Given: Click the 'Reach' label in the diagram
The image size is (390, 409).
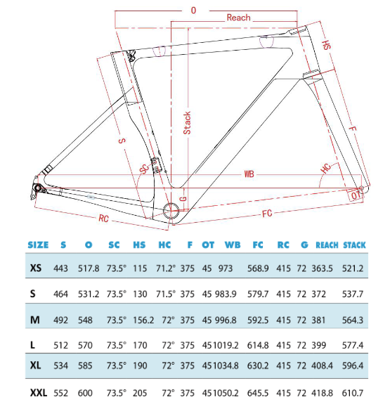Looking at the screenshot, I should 238,18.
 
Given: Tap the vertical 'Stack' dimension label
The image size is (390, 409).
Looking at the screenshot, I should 187,122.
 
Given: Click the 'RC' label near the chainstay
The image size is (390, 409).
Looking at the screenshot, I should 103,217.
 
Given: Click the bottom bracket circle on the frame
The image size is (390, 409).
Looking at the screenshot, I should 171,210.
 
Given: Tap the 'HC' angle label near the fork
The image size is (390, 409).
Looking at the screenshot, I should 325,169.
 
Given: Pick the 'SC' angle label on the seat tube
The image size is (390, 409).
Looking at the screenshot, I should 144,170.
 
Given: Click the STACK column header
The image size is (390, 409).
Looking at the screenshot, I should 353,245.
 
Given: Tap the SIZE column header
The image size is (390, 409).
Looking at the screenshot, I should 38,245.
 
